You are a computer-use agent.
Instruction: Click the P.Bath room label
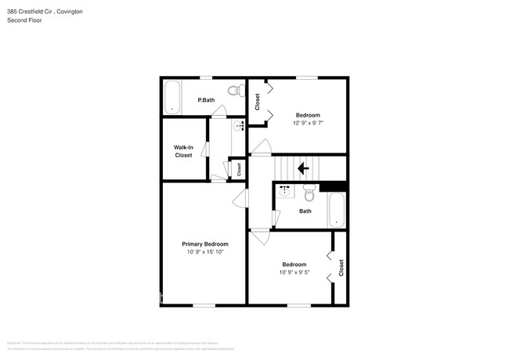(x=206, y=100)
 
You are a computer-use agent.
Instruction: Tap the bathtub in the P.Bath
(x=171, y=98)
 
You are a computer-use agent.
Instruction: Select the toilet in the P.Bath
(x=233, y=92)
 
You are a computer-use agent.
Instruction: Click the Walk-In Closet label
(x=183, y=151)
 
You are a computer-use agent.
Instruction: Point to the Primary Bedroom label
(x=205, y=244)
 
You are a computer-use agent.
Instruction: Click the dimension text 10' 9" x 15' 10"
(x=205, y=253)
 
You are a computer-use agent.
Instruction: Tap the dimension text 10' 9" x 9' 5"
(x=294, y=272)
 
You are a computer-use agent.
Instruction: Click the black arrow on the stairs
(x=303, y=167)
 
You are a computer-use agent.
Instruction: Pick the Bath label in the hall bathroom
(x=305, y=211)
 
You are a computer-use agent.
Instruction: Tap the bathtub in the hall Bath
(x=336, y=209)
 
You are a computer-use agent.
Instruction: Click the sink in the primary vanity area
(x=239, y=124)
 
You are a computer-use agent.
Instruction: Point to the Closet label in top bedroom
(x=257, y=101)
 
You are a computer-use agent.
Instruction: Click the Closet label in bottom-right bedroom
(x=341, y=268)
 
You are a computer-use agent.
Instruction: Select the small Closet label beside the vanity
(x=239, y=167)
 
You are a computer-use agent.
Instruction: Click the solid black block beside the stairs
(x=334, y=185)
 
